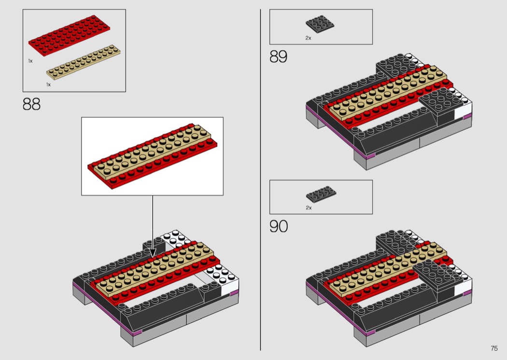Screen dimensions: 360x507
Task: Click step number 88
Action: click(x=31, y=104)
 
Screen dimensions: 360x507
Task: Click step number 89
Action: click(x=278, y=57)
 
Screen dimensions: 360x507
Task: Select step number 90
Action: click(x=279, y=226)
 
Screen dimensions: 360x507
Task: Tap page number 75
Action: click(x=493, y=348)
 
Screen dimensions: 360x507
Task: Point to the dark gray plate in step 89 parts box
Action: click(x=320, y=24)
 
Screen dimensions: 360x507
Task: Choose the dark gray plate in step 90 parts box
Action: click(x=321, y=194)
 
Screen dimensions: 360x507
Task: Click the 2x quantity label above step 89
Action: click(x=308, y=38)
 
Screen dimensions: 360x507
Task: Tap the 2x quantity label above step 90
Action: click(x=309, y=208)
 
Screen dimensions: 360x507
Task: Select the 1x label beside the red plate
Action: click(x=30, y=61)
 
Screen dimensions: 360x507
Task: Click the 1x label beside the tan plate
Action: click(x=48, y=84)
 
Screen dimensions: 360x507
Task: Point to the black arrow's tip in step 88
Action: click(x=152, y=255)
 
